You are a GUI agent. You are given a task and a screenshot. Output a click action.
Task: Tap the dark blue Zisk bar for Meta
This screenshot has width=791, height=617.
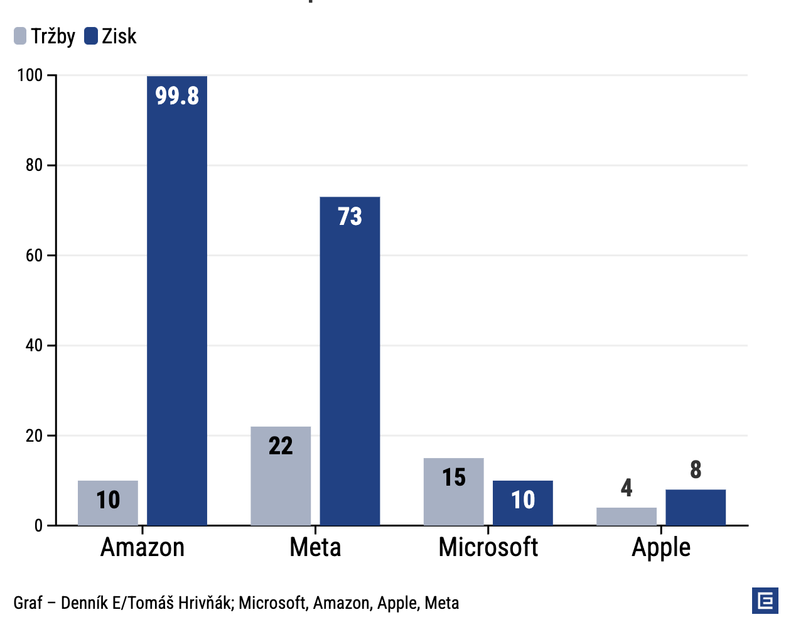point(350,361)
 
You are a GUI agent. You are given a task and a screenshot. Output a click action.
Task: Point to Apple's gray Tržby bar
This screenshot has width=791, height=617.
point(626,516)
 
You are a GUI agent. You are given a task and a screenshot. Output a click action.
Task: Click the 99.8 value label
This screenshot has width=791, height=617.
point(177,96)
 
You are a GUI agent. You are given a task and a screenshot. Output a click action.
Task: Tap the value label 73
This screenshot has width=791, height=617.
point(350,217)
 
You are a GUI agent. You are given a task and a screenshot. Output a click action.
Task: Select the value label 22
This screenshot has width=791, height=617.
point(281,446)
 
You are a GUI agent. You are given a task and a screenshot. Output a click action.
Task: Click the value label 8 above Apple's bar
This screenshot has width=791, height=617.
point(695,470)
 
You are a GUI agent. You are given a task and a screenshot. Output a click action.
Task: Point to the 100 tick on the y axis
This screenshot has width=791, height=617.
point(30,75)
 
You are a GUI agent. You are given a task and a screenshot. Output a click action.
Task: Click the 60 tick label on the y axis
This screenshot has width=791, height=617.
point(34,256)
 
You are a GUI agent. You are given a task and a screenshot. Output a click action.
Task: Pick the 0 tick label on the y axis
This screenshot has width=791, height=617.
point(38,526)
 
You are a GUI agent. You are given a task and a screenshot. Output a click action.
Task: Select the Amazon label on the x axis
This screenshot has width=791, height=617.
point(143,547)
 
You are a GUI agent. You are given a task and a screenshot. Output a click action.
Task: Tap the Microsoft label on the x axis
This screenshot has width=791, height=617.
point(488,547)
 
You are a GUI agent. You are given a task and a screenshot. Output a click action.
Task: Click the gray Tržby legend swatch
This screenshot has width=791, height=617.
point(20,36)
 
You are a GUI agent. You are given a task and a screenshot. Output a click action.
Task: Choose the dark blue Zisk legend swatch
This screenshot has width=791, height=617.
point(91,36)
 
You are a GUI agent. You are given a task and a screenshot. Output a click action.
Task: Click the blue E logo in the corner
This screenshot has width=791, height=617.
point(765,601)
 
